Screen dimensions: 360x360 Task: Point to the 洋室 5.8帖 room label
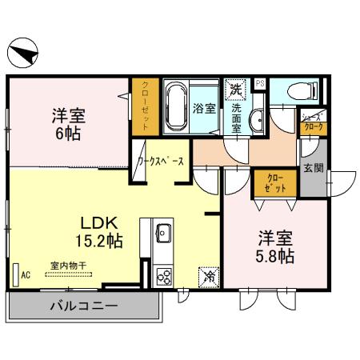pyautogui.click(x=274, y=246)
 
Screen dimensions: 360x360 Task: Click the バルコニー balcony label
pyautogui.click(x=85, y=305)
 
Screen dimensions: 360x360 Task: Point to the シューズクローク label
pyautogui.click(x=312, y=121)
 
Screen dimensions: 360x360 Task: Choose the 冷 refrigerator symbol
pyautogui.click(x=207, y=276)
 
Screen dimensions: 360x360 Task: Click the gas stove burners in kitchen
pyautogui.click(x=164, y=276)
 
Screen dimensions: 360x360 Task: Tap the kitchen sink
pyautogui.click(x=163, y=234)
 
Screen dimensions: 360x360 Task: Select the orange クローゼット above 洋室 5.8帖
pyautogui.click(x=274, y=184)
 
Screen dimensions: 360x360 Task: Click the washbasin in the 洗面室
pyautogui.click(x=257, y=122)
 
